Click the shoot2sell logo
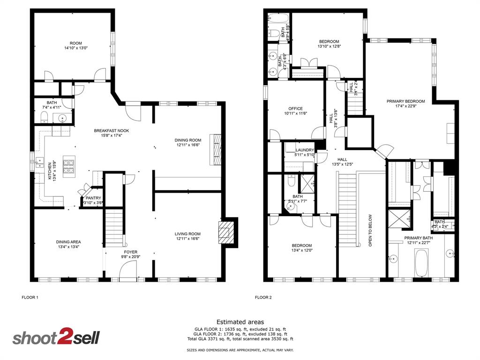tap(56, 338)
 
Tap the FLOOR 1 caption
tap(30, 297)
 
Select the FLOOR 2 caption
tap(263, 297)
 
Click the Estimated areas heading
tap(240, 322)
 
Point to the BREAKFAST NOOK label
tap(111, 131)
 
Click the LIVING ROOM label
tap(187, 234)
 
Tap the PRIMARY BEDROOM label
tap(405, 101)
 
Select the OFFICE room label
tap(295, 109)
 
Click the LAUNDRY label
tap(304, 150)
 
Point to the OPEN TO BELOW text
tap(370, 231)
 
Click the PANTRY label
tap(93, 198)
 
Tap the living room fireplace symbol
tap(225, 232)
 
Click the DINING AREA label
tap(69, 242)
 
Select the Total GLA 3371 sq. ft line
tap(240, 339)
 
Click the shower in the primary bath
tap(399, 218)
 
